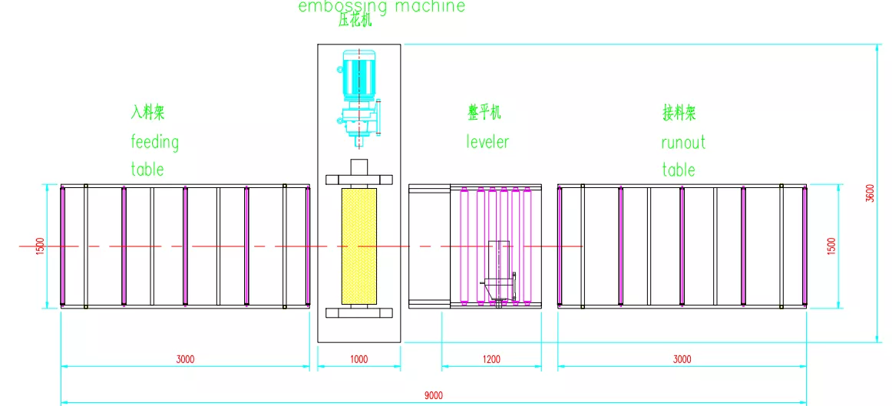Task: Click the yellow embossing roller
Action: (359, 246)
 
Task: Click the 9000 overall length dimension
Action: (434, 395)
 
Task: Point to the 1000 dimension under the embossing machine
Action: (359, 359)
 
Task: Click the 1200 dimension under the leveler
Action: (491, 359)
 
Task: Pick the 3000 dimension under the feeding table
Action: (186, 359)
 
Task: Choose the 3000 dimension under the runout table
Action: (682, 359)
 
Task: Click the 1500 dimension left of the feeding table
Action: (41, 246)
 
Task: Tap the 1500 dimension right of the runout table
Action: (831, 246)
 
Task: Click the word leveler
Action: (487, 141)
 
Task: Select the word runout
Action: (683, 142)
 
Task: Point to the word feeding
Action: (155, 142)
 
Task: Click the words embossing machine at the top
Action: (382, 6)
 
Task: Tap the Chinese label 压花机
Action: (355, 21)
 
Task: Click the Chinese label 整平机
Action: (484, 113)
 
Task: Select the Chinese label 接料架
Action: (679, 113)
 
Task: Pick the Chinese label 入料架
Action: (148, 113)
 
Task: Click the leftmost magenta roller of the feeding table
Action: (63, 246)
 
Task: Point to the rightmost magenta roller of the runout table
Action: (804, 246)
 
